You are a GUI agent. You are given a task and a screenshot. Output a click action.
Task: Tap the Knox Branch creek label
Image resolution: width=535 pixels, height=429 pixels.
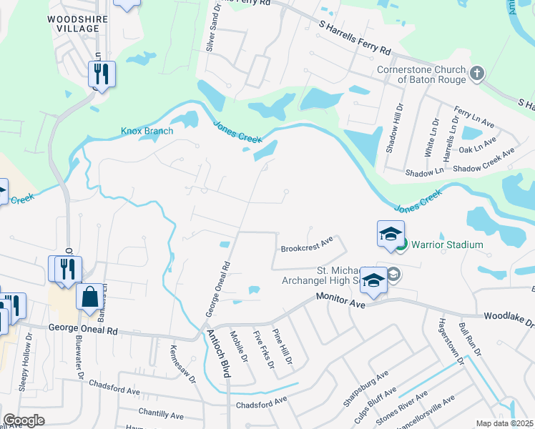click(147, 131)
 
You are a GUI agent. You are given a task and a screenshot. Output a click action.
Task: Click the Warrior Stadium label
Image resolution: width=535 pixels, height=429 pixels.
click(447, 245)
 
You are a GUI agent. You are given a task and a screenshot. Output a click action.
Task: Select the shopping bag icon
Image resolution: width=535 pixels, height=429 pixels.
click(90, 297)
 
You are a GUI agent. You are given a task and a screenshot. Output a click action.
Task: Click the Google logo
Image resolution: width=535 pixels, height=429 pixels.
click(24, 420)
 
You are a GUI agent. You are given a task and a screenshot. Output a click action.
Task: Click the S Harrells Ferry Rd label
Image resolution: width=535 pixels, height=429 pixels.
click(355, 38)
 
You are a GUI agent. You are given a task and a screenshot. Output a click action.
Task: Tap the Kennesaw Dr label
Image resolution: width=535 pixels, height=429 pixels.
click(180, 365)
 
